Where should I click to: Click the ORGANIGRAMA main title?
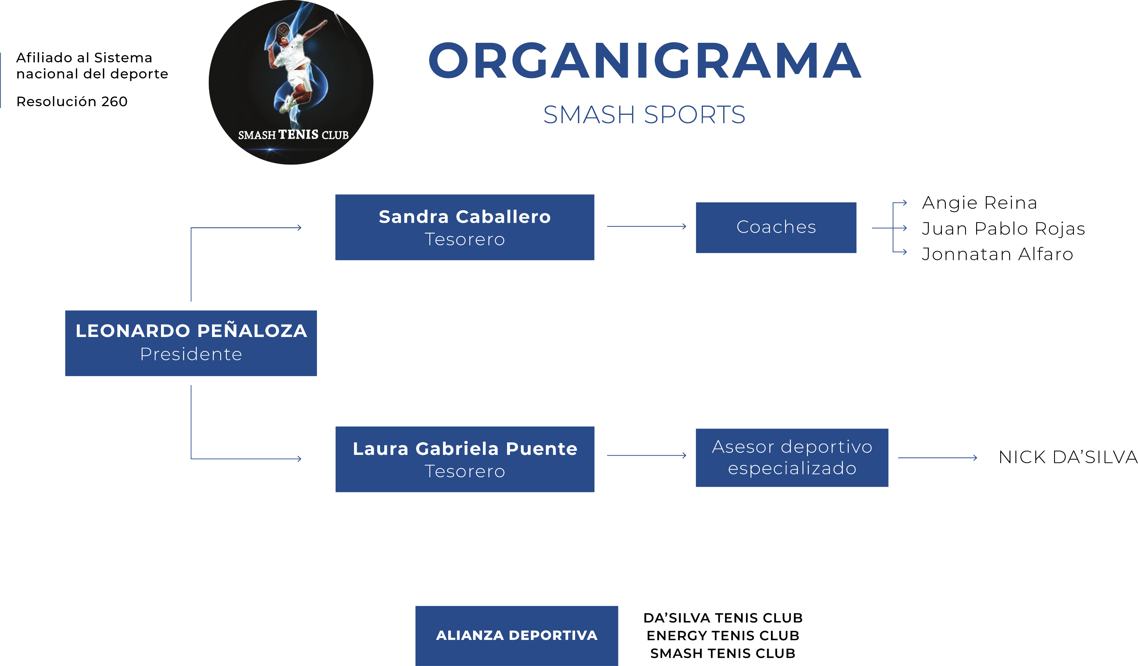click(x=645, y=60)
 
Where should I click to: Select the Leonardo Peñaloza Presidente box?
click(x=191, y=343)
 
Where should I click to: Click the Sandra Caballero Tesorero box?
click(x=465, y=227)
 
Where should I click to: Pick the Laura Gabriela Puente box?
click(x=465, y=459)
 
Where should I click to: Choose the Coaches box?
click(x=776, y=228)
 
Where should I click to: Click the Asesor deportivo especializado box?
click(x=792, y=457)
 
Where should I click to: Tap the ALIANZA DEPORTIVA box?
click(x=517, y=636)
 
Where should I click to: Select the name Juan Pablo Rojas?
click(x=1003, y=228)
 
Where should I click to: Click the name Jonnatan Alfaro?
click(x=997, y=254)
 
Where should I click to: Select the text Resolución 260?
click(x=72, y=101)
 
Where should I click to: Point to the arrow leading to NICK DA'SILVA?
click(x=938, y=458)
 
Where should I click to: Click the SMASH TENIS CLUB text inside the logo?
click(x=294, y=135)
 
